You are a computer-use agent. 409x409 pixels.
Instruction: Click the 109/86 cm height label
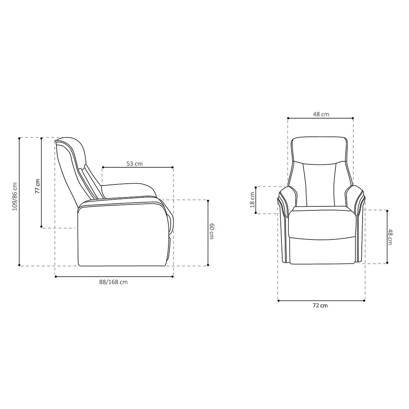15,196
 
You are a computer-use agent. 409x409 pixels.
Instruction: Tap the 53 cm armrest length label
135,163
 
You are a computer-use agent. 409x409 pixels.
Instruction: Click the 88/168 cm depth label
113,282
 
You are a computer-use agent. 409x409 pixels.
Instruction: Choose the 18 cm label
252,200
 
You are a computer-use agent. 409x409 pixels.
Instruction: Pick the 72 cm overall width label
320,306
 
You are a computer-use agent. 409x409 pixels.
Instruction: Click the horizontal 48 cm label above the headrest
321,114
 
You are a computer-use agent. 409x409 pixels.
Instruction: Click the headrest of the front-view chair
319,149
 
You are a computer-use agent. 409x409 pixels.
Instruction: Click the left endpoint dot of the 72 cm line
278,300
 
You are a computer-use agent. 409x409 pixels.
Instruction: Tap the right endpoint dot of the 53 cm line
173,167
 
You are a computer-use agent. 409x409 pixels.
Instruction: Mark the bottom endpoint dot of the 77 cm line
42,227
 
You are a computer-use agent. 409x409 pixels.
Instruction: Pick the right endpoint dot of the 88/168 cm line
173,276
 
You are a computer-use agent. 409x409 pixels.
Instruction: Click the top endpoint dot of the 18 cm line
256,187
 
